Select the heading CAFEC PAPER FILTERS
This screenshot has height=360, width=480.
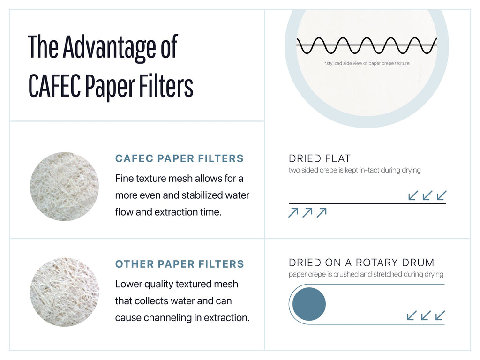coord(180,158)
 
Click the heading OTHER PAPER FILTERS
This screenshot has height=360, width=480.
coord(180,264)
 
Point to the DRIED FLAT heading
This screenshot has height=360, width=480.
coord(320,158)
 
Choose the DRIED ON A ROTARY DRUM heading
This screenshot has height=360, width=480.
coord(361,262)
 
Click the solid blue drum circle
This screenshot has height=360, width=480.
coord(309,304)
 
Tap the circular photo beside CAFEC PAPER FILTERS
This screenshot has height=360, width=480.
coord(64,187)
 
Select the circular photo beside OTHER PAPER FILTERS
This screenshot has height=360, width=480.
coord(64,292)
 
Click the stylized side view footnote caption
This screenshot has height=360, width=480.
coord(367,63)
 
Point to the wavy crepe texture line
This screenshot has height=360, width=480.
coord(367,45)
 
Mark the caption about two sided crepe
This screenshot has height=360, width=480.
coord(354,170)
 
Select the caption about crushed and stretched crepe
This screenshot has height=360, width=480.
coord(366,274)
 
